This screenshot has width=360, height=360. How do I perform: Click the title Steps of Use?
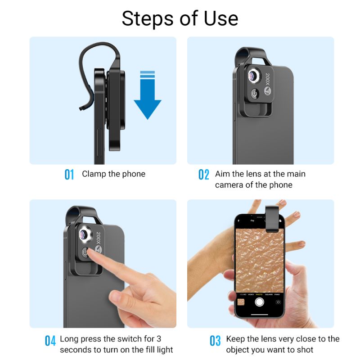coord(180,18)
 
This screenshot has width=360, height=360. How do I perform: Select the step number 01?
coord(69,175)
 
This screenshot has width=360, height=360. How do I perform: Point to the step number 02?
coord(204,175)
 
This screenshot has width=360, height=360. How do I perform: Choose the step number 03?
coord(216,341)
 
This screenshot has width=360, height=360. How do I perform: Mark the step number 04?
coord(50,341)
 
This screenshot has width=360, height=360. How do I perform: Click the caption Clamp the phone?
coord(113,174)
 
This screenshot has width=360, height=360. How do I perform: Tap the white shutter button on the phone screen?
coord(259,301)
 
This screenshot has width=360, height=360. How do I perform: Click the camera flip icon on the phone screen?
coord(279,302)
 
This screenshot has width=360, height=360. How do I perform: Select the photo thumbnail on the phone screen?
coord(240,302)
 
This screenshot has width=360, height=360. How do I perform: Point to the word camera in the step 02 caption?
coord(229,185)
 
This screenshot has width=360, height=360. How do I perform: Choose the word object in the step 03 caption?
coord(238,350)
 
